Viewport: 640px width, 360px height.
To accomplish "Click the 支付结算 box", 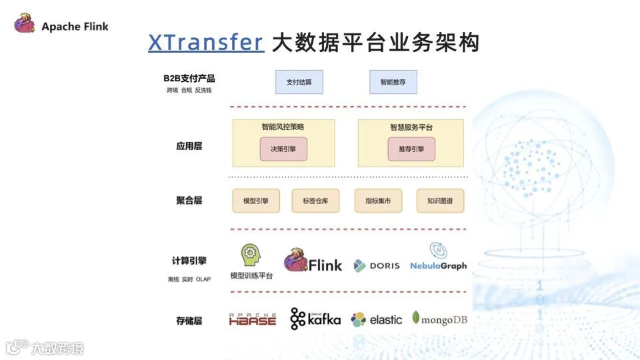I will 299,82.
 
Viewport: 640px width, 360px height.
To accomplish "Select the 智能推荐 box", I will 393,82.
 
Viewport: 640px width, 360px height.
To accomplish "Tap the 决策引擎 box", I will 283,149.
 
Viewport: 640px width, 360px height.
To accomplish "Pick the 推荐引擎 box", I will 411,149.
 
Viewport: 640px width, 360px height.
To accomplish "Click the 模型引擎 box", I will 256,201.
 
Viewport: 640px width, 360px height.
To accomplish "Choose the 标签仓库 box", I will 315,201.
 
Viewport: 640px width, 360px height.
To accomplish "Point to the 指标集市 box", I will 378,201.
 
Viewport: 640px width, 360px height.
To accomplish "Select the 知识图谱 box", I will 440,201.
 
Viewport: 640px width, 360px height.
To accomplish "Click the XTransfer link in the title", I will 206,43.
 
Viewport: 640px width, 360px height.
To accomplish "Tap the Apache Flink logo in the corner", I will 61,26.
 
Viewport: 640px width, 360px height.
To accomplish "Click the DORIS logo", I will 377,265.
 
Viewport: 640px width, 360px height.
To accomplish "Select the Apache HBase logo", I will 253,319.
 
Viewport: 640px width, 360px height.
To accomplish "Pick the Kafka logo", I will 315,319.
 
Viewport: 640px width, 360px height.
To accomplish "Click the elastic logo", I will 377,319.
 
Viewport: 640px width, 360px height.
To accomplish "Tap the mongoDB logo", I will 440,319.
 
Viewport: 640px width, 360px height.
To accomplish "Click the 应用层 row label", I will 189,146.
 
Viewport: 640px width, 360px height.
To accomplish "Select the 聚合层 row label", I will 189,201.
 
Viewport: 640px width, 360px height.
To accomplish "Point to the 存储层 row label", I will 189,321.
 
